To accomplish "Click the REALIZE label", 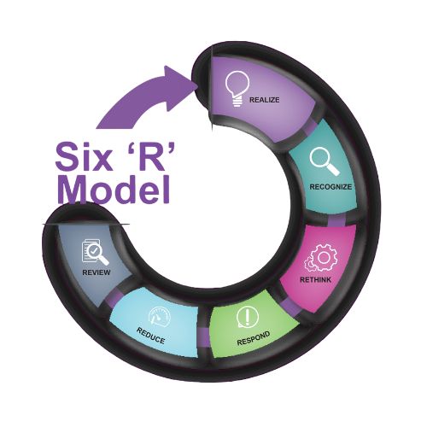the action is click(x=264, y=100).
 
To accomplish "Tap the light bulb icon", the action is click(x=237, y=89).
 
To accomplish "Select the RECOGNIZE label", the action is click(x=330, y=187).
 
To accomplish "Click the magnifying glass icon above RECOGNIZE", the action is click(x=325, y=161).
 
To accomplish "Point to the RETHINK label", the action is click(x=315, y=280).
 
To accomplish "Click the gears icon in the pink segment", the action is click(x=320, y=258).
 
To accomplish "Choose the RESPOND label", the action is click(x=254, y=338).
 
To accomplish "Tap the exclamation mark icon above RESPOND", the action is click(x=247, y=317).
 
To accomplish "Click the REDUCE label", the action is click(x=150, y=336).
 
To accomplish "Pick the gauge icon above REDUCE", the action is click(x=160, y=317).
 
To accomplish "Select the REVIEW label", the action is click(x=97, y=272).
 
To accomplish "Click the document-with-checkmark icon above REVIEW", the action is click(x=96, y=252).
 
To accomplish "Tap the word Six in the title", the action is click(x=84, y=156).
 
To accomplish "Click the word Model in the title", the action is click(x=114, y=189).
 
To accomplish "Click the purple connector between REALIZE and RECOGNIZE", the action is click(x=311, y=127).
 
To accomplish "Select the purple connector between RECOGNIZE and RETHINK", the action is click(x=336, y=221).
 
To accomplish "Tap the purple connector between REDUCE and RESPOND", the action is click(x=204, y=337).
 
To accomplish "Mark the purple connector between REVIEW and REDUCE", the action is click(x=111, y=299).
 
